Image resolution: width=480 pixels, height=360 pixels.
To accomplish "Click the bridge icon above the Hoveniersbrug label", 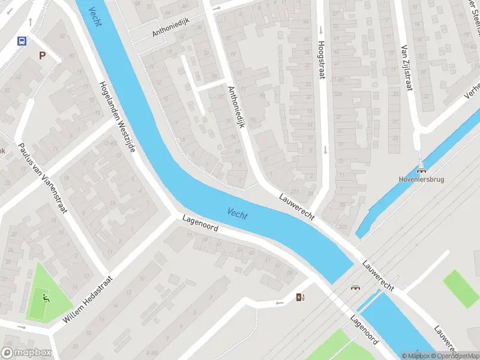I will (x=421, y=169).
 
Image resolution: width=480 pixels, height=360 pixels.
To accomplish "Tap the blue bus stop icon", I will (x=22, y=41).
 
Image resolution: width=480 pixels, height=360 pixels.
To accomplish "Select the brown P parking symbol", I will (x=41, y=56).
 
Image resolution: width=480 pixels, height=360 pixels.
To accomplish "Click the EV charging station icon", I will (x=300, y=297).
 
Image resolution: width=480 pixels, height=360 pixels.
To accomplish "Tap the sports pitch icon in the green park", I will (x=46, y=296).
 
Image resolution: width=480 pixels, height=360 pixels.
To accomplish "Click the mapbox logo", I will (x=25, y=353).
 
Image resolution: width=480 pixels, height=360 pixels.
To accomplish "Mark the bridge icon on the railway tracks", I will (x=355, y=287).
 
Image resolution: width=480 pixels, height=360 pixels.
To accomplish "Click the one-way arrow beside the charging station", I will (x=280, y=302).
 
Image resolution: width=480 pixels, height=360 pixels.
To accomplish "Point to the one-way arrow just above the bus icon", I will (x=30, y=22).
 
